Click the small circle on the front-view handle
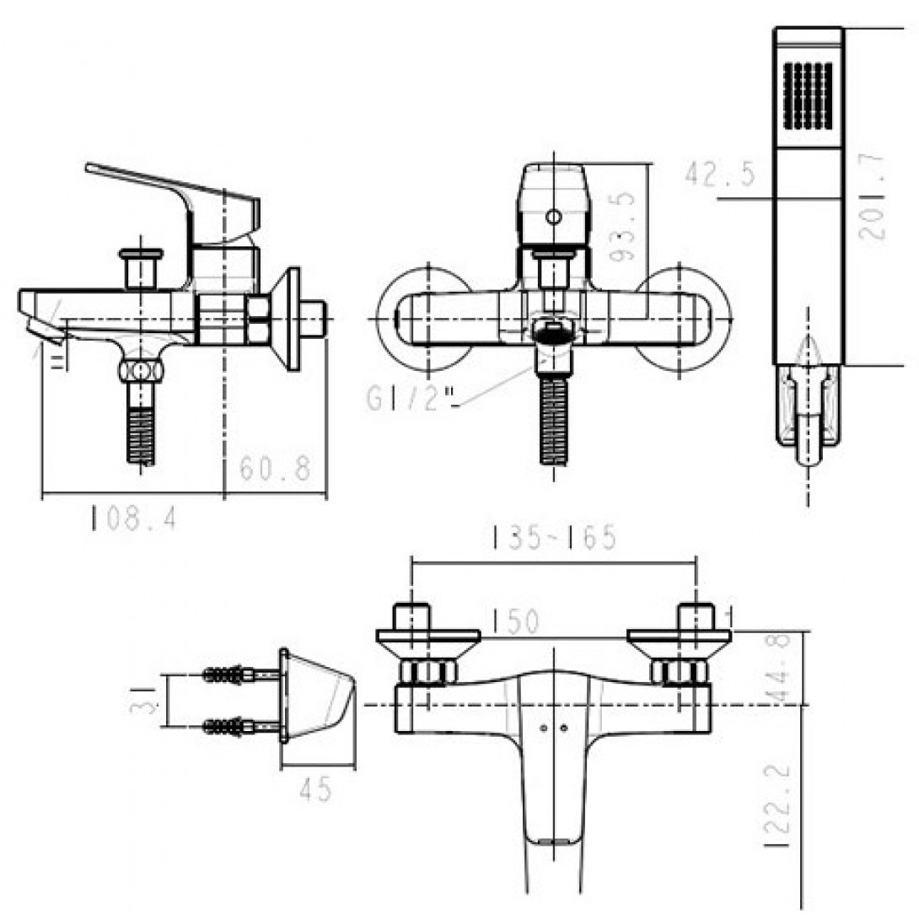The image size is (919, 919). [x=552, y=218]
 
